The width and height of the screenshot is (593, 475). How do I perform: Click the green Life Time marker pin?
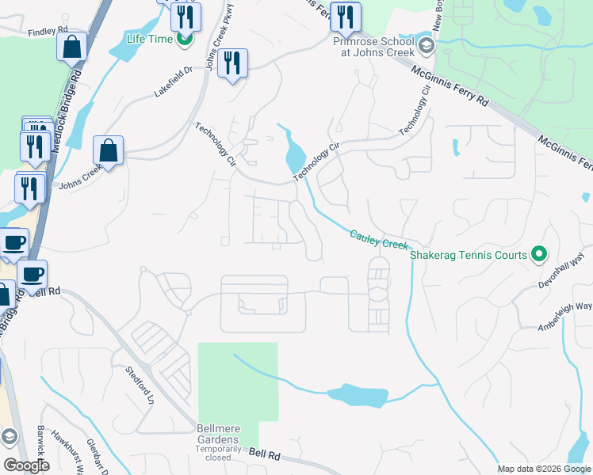tap(185, 37)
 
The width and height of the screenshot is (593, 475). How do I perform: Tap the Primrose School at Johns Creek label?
tap(373, 49)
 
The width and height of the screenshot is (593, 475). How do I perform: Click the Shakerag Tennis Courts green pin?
tap(539, 255)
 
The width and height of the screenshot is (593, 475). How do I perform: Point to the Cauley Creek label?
tap(378, 240)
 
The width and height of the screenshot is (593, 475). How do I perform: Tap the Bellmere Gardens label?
tap(217, 439)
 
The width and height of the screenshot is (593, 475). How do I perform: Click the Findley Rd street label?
tap(43, 32)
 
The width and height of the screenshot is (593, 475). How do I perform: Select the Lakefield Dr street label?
tap(173, 82)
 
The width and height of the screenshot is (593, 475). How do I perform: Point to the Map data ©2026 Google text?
tap(543, 469)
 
